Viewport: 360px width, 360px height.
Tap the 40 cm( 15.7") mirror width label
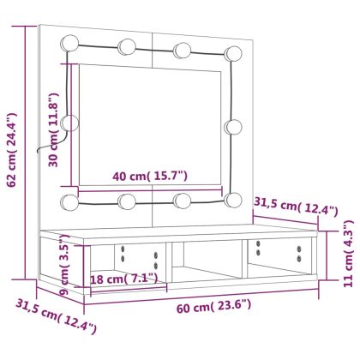(150, 177)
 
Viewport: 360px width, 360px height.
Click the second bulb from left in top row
(127, 45)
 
